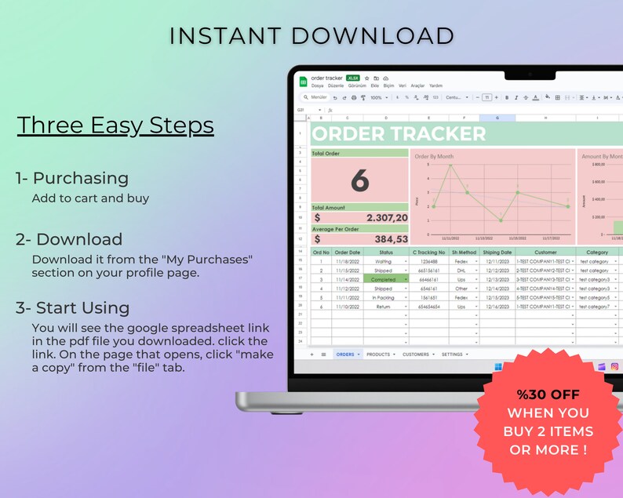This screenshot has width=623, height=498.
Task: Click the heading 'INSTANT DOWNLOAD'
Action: (x=311, y=35)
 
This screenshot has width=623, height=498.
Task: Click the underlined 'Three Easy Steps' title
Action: (x=115, y=125)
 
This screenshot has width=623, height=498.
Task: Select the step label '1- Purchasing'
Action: (x=72, y=178)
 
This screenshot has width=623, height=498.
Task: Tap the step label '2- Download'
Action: (x=69, y=239)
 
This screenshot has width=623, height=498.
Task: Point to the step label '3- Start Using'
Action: (x=73, y=307)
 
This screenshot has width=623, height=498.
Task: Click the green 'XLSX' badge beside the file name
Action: (x=353, y=78)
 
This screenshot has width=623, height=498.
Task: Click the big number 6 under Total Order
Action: (x=359, y=181)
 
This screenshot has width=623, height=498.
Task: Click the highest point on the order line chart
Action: (x=450, y=165)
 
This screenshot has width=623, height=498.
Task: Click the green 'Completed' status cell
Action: (x=384, y=279)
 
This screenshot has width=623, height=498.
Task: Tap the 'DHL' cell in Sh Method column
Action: (x=462, y=270)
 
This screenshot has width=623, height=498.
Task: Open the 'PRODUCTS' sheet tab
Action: (x=379, y=354)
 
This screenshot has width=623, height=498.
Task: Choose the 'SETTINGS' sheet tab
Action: (x=452, y=354)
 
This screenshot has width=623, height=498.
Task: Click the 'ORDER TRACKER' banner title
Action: (x=399, y=134)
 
